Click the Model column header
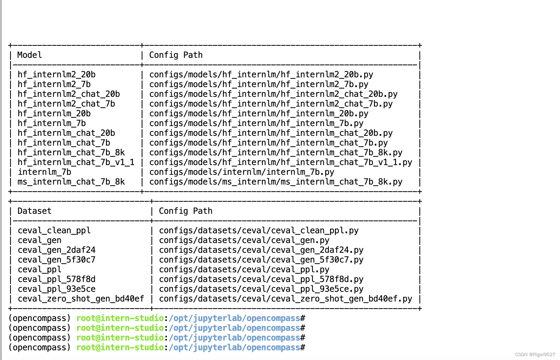(x=30, y=55)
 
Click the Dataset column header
(x=34, y=211)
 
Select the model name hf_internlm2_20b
(x=57, y=74)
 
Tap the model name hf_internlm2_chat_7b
(x=66, y=104)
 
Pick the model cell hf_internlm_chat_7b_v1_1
(x=76, y=162)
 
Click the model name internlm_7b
(x=45, y=172)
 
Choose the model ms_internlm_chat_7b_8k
(x=71, y=182)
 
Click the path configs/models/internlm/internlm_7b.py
(x=242, y=172)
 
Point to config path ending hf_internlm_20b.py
(x=259, y=113)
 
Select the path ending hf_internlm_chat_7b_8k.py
(x=276, y=152)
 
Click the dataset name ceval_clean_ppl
(x=54, y=230)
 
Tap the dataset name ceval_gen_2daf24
(x=57, y=250)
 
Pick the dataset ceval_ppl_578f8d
(x=57, y=279)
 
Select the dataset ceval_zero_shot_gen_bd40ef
(x=81, y=299)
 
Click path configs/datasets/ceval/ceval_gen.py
(x=244, y=240)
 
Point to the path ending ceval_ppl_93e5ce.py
(x=261, y=289)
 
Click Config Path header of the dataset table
(x=185, y=211)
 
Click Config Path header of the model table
(x=176, y=55)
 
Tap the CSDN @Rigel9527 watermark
(x=535, y=354)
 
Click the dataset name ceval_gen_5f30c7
(x=57, y=260)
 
